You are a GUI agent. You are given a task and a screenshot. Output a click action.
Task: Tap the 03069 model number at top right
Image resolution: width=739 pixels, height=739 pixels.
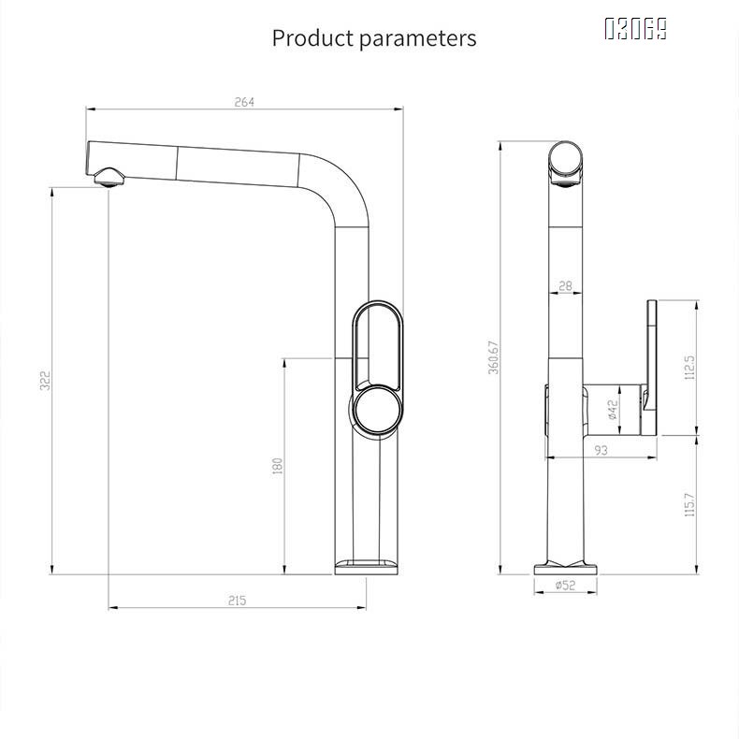(635, 29)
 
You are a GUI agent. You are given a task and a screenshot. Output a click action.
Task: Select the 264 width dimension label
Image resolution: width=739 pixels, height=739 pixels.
(244, 102)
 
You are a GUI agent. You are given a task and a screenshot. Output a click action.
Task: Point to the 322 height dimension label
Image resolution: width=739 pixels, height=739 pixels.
(45, 382)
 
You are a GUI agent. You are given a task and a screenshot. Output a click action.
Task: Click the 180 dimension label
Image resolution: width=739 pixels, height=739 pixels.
(278, 465)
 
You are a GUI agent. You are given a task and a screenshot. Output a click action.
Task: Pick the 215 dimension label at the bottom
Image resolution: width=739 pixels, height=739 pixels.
(237, 601)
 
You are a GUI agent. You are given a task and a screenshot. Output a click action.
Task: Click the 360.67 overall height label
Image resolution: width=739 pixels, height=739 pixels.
(493, 357)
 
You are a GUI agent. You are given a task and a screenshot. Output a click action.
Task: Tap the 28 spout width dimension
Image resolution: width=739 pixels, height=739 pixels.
(565, 286)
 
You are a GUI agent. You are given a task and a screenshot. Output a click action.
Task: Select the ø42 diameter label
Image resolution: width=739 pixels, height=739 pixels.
(612, 410)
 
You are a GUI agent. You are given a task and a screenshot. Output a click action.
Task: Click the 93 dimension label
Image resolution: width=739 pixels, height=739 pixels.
(601, 450)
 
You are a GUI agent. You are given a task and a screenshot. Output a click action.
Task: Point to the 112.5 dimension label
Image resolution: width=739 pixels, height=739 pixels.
(690, 369)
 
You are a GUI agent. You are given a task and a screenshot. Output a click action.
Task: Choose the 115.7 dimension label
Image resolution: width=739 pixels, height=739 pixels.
(690, 505)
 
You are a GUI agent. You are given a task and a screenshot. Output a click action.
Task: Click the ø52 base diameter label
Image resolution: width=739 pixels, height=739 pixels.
(564, 586)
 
